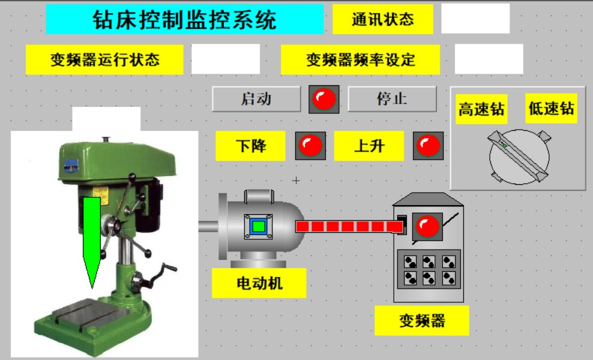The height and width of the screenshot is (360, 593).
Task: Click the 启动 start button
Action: [256, 99]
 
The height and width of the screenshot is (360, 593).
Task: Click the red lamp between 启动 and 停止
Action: [324, 99]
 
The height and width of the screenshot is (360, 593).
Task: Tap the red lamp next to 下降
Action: [310, 145]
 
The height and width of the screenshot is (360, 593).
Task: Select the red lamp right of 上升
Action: [429, 145]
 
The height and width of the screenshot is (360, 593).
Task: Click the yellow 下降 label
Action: [251, 146]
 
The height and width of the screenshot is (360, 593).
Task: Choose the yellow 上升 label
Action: [369, 146]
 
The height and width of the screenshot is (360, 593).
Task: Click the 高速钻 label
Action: [481, 109]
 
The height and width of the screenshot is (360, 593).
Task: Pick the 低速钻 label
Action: [551, 109]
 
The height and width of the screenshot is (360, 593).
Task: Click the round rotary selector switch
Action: [519, 158]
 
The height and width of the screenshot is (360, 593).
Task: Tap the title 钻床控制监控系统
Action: [184, 20]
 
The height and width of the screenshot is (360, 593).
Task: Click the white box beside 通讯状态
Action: [475, 19]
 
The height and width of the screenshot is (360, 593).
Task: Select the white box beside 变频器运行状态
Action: [226, 59]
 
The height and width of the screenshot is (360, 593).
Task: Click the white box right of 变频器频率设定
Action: [489, 59]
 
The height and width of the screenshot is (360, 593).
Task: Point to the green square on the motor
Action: [258, 226]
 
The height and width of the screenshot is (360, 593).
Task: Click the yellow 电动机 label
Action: [259, 283]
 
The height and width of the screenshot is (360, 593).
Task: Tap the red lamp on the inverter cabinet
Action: [427, 226]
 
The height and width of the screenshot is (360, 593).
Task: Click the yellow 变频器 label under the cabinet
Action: [422, 320]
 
